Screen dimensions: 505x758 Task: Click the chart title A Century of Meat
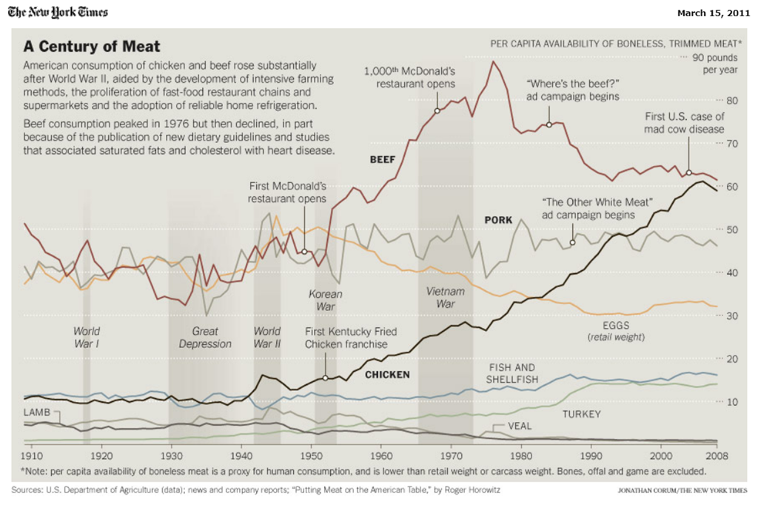pyautogui.click(x=92, y=47)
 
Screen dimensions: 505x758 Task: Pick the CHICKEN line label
pyautogui.click(x=387, y=375)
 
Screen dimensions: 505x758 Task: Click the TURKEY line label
pyautogui.click(x=582, y=414)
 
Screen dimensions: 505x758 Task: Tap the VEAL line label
pyautogui.click(x=520, y=427)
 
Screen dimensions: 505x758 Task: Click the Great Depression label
pyautogui.click(x=205, y=338)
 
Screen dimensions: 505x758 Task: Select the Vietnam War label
pyautogui.click(x=446, y=297)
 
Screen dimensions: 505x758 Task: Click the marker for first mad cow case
pyautogui.click(x=689, y=173)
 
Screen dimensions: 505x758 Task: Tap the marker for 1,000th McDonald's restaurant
pyautogui.click(x=437, y=110)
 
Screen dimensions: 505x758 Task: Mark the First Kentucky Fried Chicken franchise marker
pyautogui.click(x=325, y=378)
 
